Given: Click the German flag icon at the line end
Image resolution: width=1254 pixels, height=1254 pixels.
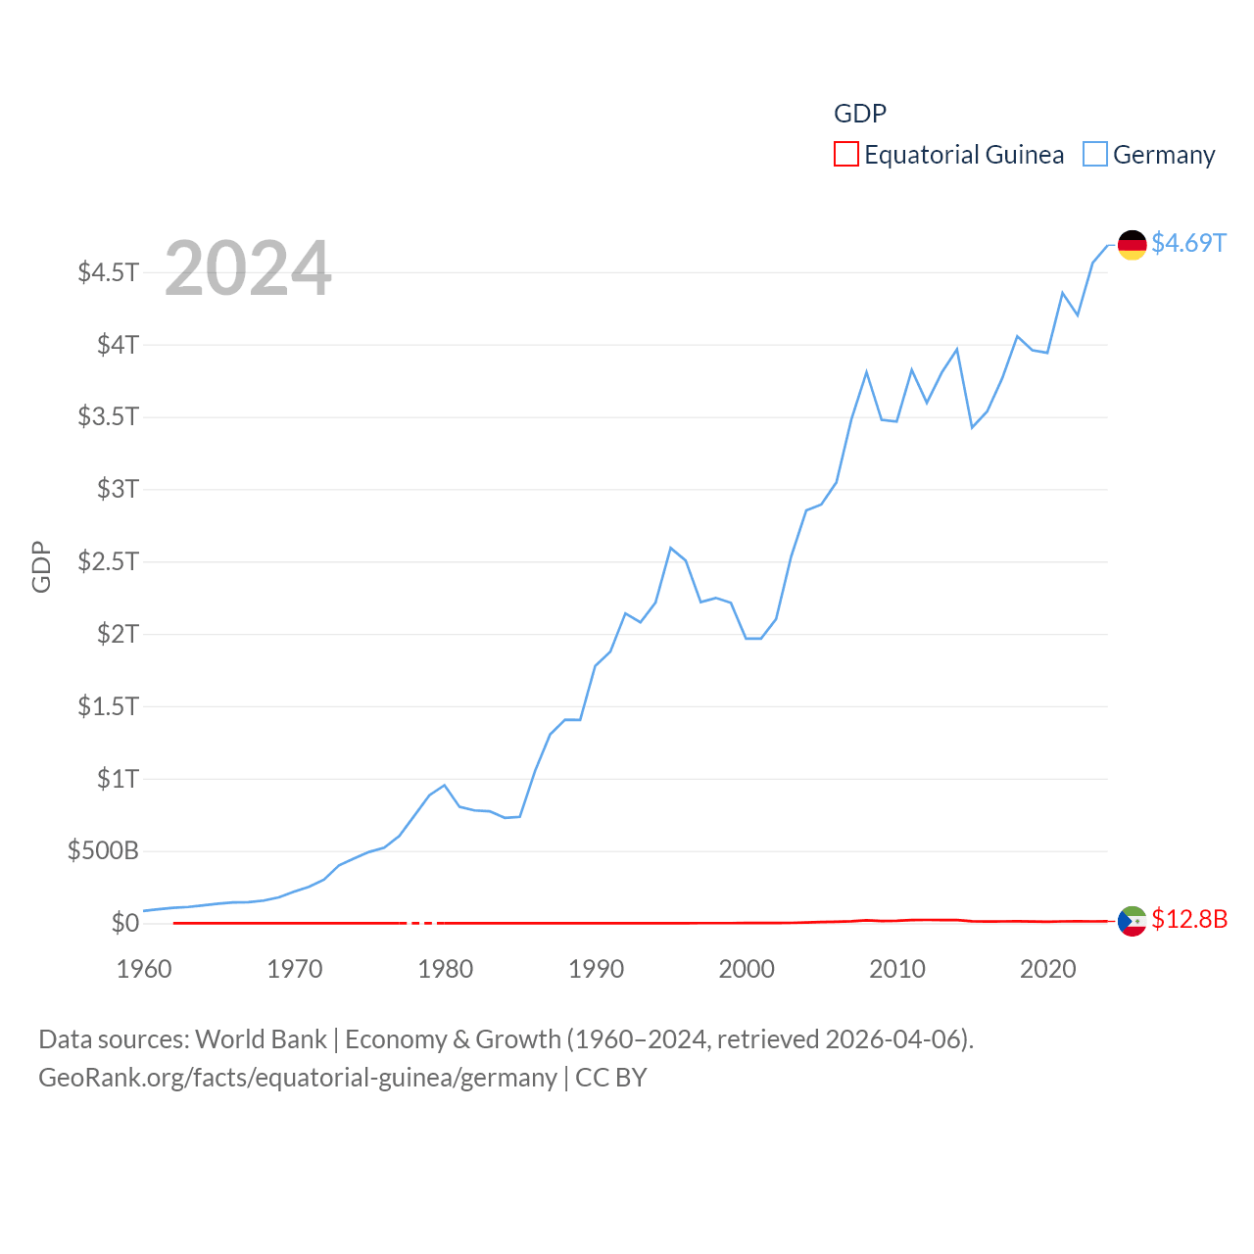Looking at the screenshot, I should [1132, 245].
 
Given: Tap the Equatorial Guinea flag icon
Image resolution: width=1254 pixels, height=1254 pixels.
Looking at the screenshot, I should [1132, 921].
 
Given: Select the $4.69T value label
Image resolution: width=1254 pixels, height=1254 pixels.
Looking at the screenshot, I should [1188, 243].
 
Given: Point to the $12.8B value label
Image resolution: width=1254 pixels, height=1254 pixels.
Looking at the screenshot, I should [1189, 919].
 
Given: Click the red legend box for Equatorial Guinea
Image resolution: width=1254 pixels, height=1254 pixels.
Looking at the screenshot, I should [846, 155].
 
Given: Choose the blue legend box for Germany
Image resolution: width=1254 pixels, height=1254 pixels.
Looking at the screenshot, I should [1095, 155].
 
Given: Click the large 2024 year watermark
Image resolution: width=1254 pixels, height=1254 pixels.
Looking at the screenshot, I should [248, 268].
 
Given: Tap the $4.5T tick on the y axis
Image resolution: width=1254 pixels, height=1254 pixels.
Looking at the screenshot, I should [109, 271].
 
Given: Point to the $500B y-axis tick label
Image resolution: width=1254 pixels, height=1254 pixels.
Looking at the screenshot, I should [103, 850].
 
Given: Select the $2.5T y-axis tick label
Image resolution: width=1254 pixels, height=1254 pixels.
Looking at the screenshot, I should [109, 561].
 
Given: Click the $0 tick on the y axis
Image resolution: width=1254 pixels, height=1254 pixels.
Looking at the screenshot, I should [124, 923].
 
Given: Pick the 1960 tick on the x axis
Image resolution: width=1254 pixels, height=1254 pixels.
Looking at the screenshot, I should [144, 969].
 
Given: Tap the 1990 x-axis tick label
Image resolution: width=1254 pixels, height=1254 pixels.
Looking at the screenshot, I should [596, 969].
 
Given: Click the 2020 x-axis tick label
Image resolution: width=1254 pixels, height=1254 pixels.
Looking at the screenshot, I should [1048, 969].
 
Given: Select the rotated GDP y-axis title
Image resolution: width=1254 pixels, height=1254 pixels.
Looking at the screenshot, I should [41, 566].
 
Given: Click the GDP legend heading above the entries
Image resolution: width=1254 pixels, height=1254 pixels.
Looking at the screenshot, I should [860, 114].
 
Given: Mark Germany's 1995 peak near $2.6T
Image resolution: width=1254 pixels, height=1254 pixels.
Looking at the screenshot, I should [671, 548].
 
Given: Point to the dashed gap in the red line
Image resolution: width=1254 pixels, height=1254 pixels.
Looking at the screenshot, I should [422, 923].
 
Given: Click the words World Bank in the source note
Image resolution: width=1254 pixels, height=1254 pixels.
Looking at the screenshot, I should [262, 1038].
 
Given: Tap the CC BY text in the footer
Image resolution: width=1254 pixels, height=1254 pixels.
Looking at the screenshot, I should [611, 1078].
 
